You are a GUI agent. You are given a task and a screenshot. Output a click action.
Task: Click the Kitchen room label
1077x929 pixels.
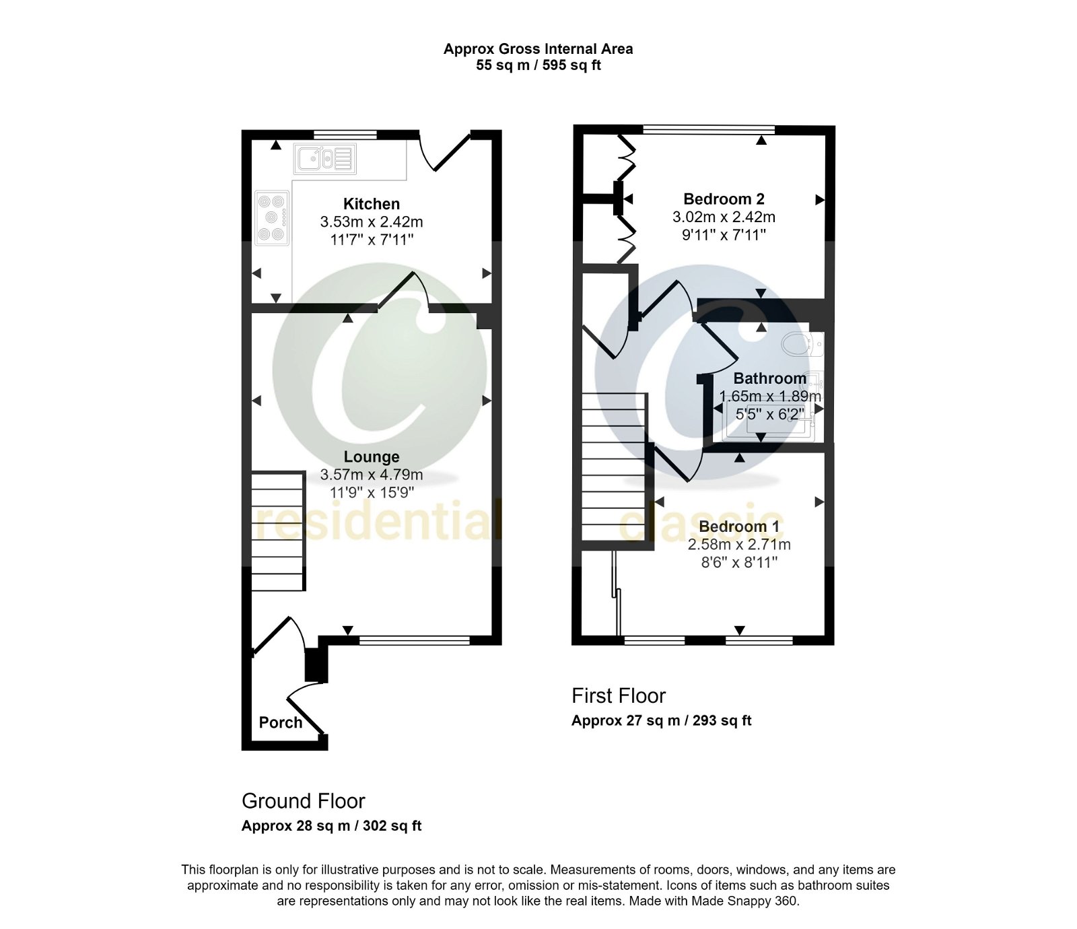tap(371, 204)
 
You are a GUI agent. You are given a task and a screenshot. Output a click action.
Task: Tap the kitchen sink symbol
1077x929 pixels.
tap(325, 160)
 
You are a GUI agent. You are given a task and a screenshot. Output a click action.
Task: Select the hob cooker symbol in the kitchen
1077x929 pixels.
tap(273, 217)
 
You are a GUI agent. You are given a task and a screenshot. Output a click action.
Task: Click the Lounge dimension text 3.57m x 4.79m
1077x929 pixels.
tap(371, 475)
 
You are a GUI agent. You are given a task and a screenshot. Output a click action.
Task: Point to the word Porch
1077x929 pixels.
tap(281, 722)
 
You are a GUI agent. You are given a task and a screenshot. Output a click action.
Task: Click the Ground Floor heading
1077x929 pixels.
tap(303, 801)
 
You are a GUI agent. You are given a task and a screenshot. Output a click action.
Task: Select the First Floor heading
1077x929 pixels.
tap(618, 695)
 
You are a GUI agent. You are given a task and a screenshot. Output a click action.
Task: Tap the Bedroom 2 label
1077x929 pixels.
tap(724, 199)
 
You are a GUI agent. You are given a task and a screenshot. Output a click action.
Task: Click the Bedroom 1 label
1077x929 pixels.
tap(738, 526)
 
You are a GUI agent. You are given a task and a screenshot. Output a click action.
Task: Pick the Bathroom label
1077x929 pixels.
tap(769, 378)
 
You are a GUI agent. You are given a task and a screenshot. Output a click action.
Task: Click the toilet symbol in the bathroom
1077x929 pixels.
tap(801, 344)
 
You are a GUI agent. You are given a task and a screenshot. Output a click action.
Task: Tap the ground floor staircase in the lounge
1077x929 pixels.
tap(278, 532)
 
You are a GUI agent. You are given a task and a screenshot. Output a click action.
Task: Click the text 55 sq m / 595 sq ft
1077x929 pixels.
tap(538, 65)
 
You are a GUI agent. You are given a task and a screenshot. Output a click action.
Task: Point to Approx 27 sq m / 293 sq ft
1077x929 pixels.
tap(661, 720)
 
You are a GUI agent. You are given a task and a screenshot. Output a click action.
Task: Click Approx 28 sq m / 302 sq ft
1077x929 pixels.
tap(331, 826)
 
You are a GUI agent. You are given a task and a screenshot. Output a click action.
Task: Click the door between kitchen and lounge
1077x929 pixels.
tap(404, 291)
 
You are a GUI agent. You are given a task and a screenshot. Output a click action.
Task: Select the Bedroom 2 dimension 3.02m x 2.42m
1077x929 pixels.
tap(724, 217)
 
